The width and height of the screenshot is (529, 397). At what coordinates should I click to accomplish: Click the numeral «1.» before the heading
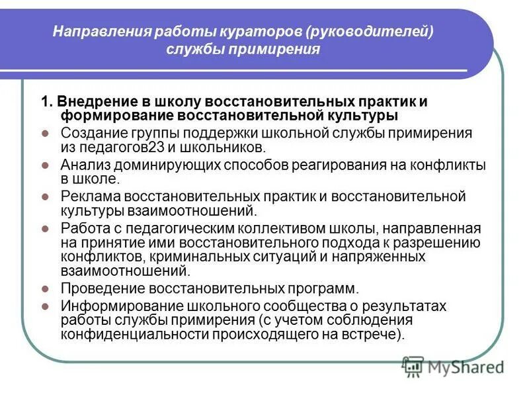click(x=46, y=103)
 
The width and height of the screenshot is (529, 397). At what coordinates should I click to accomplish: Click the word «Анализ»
click(x=83, y=165)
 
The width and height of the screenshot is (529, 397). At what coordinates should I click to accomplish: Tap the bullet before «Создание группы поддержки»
click(x=46, y=133)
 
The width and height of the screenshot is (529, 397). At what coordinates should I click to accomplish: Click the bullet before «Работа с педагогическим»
click(x=46, y=229)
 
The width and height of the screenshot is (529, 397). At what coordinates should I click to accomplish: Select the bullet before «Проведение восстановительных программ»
click(x=46, y=289)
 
